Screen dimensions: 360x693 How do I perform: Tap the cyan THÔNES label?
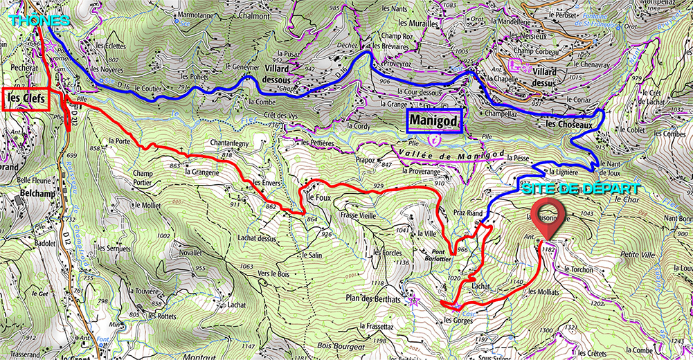coord(39,21)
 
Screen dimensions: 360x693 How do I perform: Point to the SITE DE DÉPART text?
coord(580,188)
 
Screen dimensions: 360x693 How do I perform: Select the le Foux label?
coord(318,197)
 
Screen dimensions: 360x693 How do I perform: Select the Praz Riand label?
coord(467,214)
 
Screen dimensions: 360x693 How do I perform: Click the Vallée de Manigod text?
coord(449,156)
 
